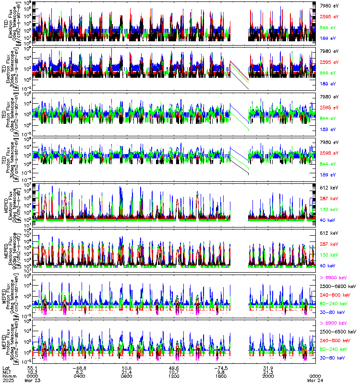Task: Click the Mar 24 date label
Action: coord(315,381)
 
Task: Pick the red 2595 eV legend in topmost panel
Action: coord(329,17)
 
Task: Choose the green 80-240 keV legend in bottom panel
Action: coord(336,349)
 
